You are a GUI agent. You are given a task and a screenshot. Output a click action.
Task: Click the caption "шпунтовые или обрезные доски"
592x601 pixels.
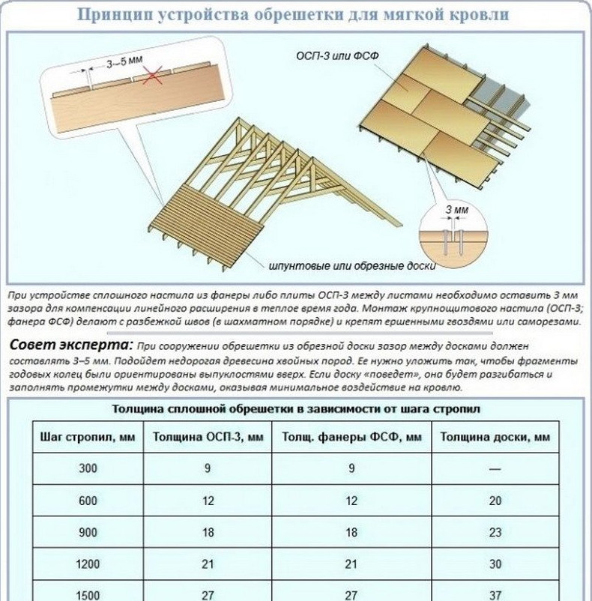click(x=352, y=265)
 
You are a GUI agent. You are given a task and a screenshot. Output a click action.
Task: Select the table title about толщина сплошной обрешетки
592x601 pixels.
click(x=295, y=409)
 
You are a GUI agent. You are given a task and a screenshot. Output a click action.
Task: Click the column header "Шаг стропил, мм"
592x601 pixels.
click(x=87, y=437)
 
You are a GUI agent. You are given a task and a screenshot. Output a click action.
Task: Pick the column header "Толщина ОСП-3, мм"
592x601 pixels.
click(x=208, y=437)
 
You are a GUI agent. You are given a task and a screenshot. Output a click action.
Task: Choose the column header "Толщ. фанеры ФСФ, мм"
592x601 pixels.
click(x=351, y=437)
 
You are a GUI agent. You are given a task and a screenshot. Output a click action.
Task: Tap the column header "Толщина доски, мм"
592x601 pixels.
click(x=495, y=437)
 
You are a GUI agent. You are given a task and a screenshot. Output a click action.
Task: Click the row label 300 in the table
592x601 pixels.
click(x=88, y=468)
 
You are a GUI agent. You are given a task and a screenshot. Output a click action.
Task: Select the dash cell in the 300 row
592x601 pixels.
click(x=495, y=468)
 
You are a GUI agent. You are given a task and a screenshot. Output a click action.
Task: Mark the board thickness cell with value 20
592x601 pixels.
click(x=495, y=501)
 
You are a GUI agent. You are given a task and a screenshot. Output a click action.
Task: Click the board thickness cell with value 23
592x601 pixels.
click(x=495, y=532)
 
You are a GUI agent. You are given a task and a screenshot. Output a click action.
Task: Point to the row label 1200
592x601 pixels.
click(x=88, y=564)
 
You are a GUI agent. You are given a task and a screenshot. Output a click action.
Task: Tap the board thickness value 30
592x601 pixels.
click(x=495, y=564)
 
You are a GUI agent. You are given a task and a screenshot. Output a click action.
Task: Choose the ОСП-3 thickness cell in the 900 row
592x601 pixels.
click(x=208, y=532)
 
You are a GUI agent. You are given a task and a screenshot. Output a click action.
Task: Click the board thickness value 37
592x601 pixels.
click(x=495, y=594)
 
